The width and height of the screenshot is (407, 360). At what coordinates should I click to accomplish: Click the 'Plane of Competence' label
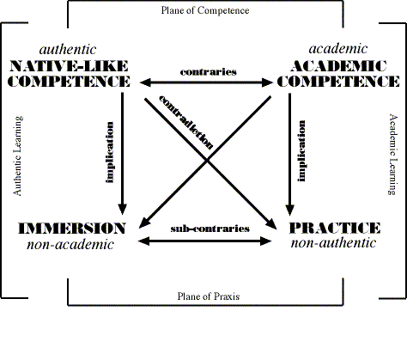click(205, 10)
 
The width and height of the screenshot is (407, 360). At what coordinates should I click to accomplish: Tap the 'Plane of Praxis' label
click(209, 296)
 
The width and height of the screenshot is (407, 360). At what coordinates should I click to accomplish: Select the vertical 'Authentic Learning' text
click(18, 156)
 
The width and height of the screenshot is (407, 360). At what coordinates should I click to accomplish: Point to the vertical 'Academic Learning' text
click(392, 155)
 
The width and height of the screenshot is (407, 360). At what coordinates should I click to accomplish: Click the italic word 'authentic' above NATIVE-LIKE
click(68, 49)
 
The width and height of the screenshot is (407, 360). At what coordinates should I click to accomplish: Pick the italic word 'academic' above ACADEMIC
click(338, 48)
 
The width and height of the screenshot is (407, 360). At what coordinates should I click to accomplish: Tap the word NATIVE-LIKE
click(69, 66)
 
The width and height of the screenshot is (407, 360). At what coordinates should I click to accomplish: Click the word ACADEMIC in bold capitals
click(338, 66)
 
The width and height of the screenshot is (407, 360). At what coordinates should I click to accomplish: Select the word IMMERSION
click(72, 229)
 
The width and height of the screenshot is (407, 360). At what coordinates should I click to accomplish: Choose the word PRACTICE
click(335, 228)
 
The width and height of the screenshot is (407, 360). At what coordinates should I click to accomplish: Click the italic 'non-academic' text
click(70, 244)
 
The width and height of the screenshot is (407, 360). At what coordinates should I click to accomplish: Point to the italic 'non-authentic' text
click(333, 243)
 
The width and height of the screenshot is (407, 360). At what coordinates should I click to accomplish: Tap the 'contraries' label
click(209, 71)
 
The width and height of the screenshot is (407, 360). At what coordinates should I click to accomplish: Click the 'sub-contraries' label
click(210, 229)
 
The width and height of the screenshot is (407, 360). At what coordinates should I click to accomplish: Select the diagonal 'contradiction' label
click(186, 122)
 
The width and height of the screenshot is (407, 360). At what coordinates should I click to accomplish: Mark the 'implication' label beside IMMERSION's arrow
click(110, 152)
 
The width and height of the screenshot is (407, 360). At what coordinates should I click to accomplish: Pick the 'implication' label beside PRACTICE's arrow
click(301, 151)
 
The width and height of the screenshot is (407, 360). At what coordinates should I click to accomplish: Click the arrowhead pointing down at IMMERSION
click(123, 209)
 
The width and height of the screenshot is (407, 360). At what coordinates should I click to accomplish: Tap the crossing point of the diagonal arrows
click(208, 161)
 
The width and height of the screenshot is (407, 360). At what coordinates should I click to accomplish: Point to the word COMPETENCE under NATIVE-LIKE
click(69, 82)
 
